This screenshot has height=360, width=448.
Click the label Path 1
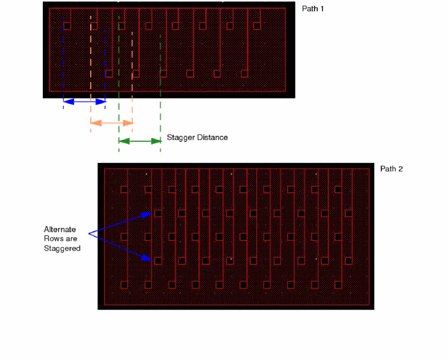point(312,9)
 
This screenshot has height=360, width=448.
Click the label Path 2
point(391,169)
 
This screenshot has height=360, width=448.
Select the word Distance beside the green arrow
point(212,138)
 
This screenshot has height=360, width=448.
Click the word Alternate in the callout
point(60,230)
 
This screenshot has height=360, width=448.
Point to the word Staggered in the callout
point(62,248)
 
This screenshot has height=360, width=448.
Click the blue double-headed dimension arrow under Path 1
point(84,101)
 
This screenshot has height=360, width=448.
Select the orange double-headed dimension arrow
point(111,123)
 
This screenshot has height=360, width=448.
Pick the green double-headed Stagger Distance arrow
point(140,141)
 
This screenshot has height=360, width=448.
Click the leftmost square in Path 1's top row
point(67,26)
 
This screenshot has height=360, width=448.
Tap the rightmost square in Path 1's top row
point(257,26)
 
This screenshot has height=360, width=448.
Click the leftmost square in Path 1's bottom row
point(109,74)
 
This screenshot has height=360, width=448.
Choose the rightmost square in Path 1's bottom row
point(244,74)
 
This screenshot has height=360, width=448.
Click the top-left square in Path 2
point(124,190)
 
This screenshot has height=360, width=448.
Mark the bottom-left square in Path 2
point(124,285)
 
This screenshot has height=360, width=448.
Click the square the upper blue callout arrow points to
point(158,213)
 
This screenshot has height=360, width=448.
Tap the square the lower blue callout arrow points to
point(158,261)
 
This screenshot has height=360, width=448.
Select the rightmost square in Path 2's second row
point(349,213)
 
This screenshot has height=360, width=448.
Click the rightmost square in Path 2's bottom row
point(338,285)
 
